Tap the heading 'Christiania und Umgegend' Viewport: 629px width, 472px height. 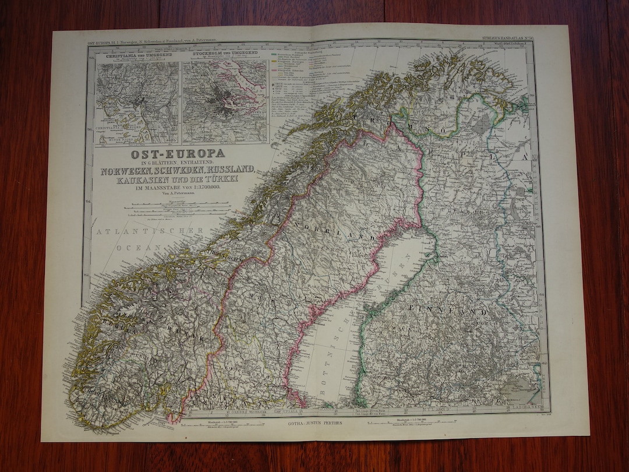click(137, 57)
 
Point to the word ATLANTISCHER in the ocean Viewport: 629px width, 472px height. click(150, 231)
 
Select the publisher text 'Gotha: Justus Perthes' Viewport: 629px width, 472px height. click(314, 425)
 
